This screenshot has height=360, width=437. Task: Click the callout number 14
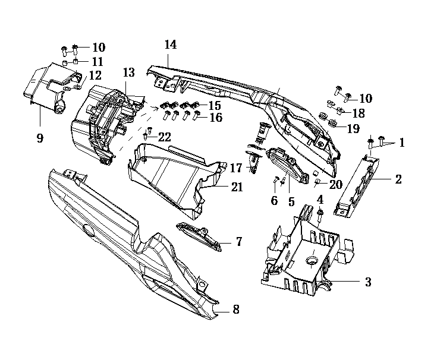[x=171, y=45]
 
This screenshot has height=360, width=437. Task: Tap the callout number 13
[x=129, y=73]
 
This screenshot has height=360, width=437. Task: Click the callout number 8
[x=235, y=310]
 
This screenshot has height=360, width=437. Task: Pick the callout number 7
[x=238, y=241]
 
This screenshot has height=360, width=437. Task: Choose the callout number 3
[x=368, y=282]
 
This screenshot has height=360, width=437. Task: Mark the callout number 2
[x=398, y=179]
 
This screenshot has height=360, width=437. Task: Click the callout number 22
[x=164, y=137]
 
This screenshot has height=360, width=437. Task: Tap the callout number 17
[x=236, y=168]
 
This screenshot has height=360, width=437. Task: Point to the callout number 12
[x=95, y=75]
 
